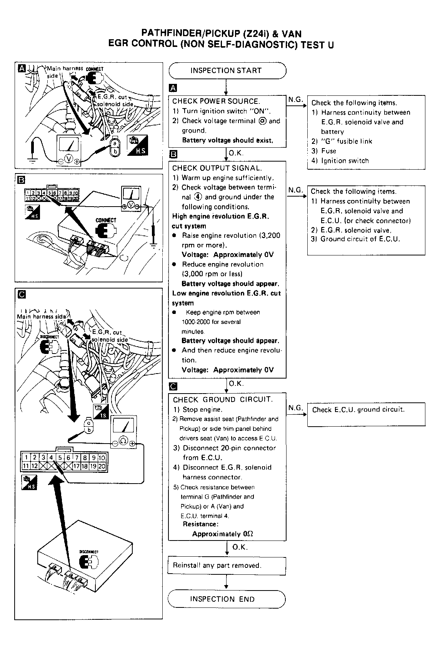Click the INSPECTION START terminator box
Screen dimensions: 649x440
point(227,71)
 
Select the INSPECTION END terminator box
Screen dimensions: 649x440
point(227,599)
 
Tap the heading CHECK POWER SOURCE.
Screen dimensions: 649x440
point(216,101)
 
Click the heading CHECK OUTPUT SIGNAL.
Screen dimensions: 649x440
point(217,168)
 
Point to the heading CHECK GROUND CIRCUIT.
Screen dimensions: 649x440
point(223,399)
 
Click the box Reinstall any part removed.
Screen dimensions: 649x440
point(227,566)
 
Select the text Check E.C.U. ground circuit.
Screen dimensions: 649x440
point(358,409)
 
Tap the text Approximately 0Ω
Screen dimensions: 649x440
point(223,534)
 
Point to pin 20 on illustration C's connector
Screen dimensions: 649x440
point(102,466)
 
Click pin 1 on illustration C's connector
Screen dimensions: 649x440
point(26,457)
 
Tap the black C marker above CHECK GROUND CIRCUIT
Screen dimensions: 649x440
point(173,386)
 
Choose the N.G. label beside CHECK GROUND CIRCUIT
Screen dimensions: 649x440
point(295,408)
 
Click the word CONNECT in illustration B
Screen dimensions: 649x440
point(106,220)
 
